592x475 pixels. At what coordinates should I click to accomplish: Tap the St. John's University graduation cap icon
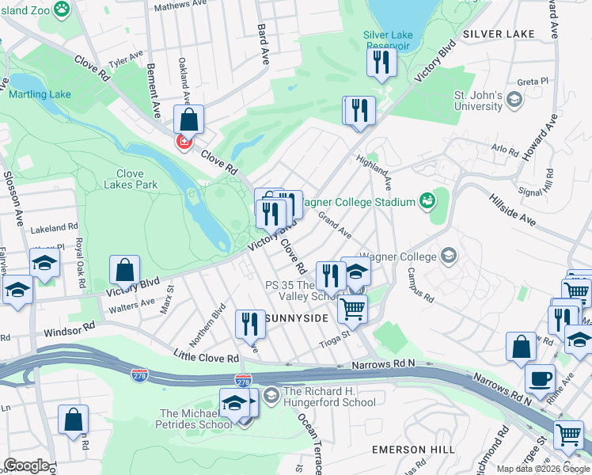click(x=514, y=99)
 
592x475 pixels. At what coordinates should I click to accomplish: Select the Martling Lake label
click(x=40, y=95)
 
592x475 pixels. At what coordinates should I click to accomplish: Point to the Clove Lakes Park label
click(x=130, y=179)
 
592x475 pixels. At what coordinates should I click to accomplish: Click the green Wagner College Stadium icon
click(x=427, y=202)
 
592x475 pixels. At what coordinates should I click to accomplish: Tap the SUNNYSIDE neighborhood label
click(x=297, y=317)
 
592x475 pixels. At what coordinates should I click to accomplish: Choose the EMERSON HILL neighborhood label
click(x=414, y=449)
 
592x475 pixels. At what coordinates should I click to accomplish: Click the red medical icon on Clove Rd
click(x=184, y=142)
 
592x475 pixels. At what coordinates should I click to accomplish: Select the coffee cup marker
click(x=539, y=378)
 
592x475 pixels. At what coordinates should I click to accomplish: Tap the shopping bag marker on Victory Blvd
click(x=125, y=271)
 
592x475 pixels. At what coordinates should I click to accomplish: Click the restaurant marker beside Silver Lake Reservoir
click(x=381, y=62)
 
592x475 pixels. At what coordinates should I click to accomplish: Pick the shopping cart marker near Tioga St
click(x=352, y=308)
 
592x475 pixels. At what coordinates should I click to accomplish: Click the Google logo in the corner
click(x=25, y=465)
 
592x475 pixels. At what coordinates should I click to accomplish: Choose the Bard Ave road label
click(x=261, y=44)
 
